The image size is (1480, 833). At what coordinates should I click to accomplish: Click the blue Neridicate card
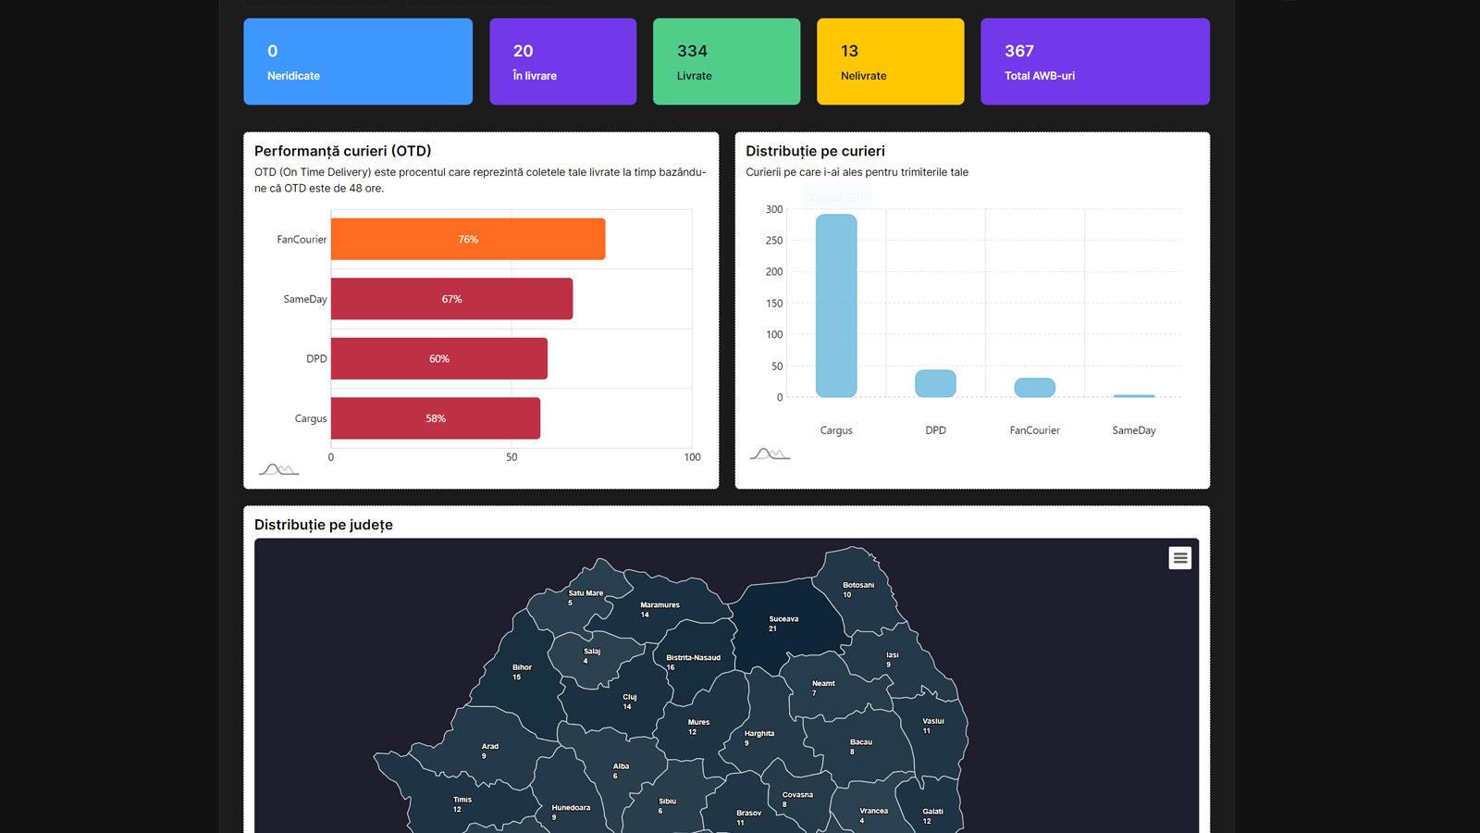click(x=357, y=62)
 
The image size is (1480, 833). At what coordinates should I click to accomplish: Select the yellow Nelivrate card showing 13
click(x=890, y=62)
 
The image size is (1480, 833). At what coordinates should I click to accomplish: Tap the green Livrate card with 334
click(x=726, y=62)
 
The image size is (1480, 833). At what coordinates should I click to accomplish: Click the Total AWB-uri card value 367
click(x=1019, y=51)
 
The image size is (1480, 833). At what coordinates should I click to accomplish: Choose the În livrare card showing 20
click(x=562, y=62)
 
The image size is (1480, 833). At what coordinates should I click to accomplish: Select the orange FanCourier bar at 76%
click(x=468, y=239)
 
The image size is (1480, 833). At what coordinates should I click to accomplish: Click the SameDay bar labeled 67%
click(x=451, y=299)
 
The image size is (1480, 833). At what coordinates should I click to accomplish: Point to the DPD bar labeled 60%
click(x=438, y=358)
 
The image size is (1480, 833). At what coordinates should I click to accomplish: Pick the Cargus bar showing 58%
click(x=435, y=418)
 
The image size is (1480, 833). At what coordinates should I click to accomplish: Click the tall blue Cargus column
click(x=836, y=305)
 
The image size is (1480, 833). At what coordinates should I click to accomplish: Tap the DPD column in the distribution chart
click(x=935, y=383)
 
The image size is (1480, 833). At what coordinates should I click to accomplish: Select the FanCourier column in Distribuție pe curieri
click(x=1034, y=388)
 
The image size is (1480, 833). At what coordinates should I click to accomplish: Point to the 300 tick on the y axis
click(x=774, y=209)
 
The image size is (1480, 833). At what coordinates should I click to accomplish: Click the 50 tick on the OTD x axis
click(x=512, y=457)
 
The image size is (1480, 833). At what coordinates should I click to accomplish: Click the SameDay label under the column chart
click(x=1134, y=430)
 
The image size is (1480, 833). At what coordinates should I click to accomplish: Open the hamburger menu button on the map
click(x=1179, y=558)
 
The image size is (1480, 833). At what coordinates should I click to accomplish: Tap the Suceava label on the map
click(x=783, y=619)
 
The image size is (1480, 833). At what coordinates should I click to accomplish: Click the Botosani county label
click(x=858, y=585)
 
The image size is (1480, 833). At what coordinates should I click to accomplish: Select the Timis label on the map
click(x=462, y=800)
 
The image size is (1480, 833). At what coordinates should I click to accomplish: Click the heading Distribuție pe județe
click(x=324, y=525)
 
